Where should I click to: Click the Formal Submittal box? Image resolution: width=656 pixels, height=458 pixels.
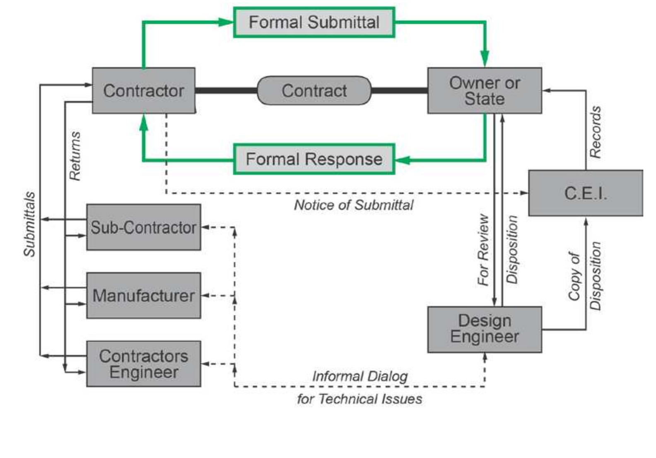(314, 22)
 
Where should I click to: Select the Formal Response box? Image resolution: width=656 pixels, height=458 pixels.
(314, 159)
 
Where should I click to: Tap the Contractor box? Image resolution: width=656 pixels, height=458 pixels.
(143, 90)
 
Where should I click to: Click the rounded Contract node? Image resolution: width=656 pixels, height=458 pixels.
(314, 90)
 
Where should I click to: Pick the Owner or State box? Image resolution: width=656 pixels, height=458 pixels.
(484, 90)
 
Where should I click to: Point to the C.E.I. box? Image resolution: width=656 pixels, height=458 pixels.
(585, 193)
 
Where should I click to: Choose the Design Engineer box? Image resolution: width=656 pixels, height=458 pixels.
(484, 329)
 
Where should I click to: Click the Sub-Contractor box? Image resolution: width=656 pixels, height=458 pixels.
(143, 227)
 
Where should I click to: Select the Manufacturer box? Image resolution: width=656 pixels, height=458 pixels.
(143, 295)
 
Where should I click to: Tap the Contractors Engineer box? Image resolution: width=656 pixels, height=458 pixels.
(143, 364)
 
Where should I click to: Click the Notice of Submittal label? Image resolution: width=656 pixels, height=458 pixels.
(353, 205)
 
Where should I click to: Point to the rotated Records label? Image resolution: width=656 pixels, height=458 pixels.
(595, 132)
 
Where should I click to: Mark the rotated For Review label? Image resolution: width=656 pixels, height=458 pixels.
(483, 250)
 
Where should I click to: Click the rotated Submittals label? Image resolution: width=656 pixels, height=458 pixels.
(29, 224)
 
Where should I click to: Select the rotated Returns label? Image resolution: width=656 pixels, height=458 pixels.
(75, 156)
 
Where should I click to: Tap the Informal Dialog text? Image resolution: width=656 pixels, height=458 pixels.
(359, 376)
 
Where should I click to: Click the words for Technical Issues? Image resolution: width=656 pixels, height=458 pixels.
(359, 399)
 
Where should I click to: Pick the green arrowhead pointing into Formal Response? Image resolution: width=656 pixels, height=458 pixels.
(403, 160)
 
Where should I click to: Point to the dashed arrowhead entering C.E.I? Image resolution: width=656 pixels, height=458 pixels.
(524, 193)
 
